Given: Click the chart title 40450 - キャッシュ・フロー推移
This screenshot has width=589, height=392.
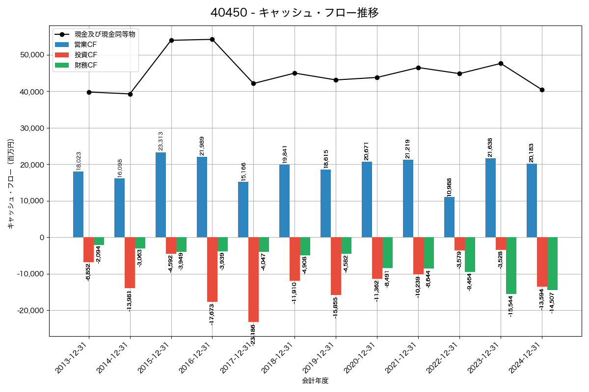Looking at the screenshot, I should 294,13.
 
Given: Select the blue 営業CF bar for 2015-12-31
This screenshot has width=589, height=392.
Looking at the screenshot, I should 161,195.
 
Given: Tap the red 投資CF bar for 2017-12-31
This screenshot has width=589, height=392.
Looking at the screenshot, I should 253,279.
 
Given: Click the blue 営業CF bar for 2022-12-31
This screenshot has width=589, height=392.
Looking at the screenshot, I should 449,217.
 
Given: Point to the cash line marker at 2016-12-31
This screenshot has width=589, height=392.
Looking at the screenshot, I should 212,39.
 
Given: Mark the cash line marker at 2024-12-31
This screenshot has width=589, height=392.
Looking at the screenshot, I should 542,90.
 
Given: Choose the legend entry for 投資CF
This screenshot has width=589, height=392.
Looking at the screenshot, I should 86,55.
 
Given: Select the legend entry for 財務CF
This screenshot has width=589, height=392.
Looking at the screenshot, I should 86,65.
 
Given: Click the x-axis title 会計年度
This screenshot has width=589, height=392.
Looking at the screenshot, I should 315,381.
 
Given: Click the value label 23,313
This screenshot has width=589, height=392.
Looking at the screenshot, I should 161,141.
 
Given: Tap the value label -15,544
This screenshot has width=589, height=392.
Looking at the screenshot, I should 511,306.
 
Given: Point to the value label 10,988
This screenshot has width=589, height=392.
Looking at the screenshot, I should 449,186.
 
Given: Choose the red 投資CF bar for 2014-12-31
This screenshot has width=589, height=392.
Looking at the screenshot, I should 130,263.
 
